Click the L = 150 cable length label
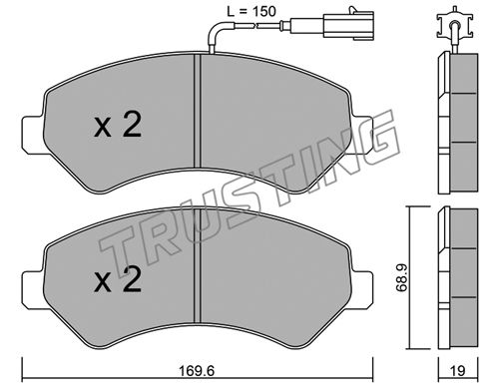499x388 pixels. click(x=251, y=12)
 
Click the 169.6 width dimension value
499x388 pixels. click(x=197, y=370)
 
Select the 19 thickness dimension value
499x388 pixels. click(x=458, y=371)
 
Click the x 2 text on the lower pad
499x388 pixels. click(x=118, y=280)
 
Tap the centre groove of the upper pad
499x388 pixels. click(x=198, y=112)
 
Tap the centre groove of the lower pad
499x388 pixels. click(x=198, y=266)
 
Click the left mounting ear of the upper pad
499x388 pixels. click(x=33, y=135)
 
